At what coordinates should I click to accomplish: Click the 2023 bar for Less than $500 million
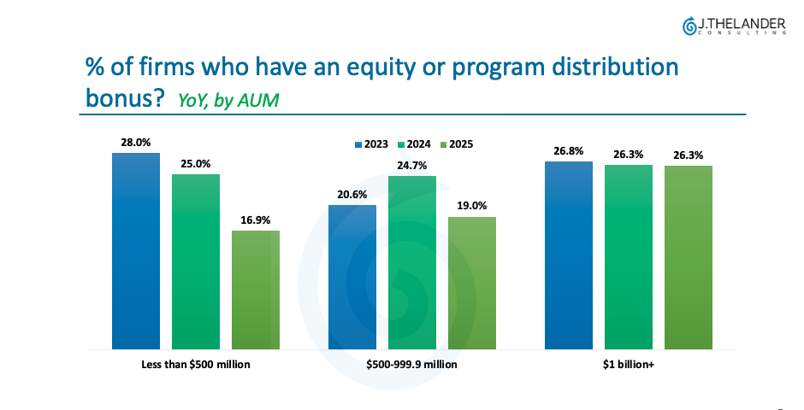[135, 251]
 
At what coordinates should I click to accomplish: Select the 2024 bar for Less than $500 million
[196, 261]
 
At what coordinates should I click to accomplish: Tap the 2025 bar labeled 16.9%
[256, 290]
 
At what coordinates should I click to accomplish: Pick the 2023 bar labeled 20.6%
[352, 277]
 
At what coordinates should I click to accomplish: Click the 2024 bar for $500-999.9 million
[412, 262]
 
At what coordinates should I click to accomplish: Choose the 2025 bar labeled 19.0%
[472, 283]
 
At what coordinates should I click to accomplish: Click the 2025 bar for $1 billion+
[689, 257]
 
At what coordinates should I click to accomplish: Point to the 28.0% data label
[135, 143]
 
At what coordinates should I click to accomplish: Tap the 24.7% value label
[412, 166]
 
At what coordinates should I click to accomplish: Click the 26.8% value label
[569, 151]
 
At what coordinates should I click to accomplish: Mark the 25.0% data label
[196, 164]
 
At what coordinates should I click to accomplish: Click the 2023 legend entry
[370, 144]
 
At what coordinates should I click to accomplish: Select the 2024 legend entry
[413, 144]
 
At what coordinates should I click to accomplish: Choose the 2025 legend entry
[455, 144]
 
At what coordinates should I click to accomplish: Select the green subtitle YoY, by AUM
[228, 100]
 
